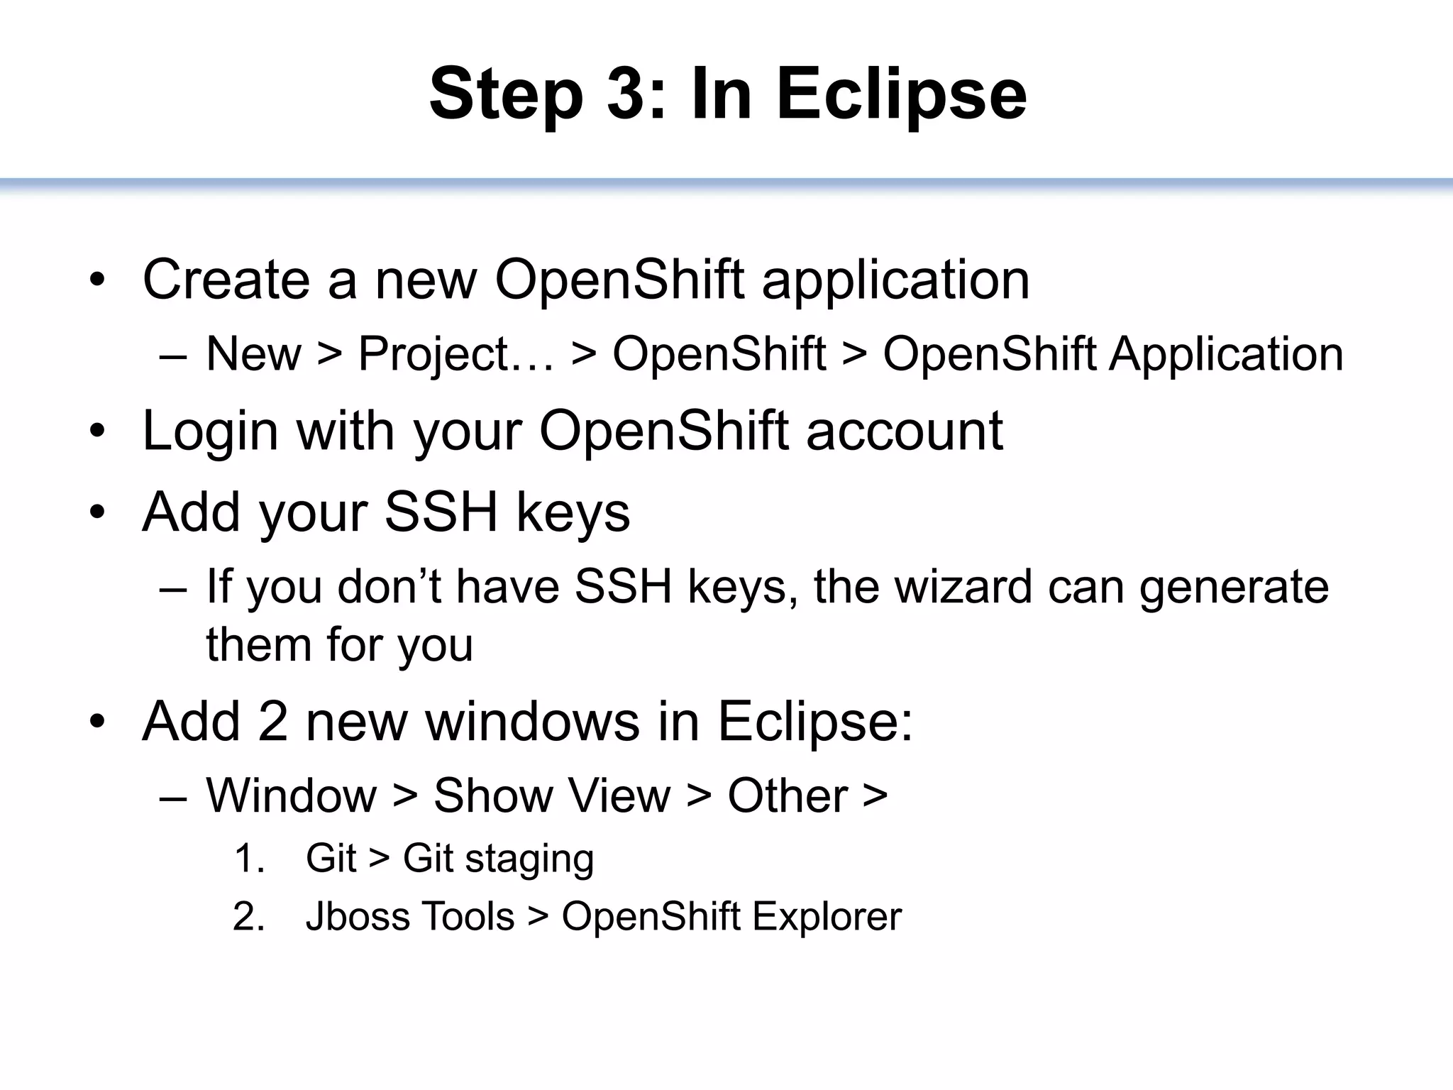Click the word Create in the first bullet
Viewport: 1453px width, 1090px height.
226,280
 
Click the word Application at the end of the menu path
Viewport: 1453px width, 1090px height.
1225,355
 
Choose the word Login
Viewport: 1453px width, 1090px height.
210,432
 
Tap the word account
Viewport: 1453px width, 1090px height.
904,431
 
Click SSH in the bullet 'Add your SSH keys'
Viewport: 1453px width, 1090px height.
441,512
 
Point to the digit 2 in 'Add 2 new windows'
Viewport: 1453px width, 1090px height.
272,722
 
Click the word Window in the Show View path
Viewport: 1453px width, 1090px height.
291,796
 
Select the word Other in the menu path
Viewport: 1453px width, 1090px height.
788,796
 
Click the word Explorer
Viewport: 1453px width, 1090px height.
827,917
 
